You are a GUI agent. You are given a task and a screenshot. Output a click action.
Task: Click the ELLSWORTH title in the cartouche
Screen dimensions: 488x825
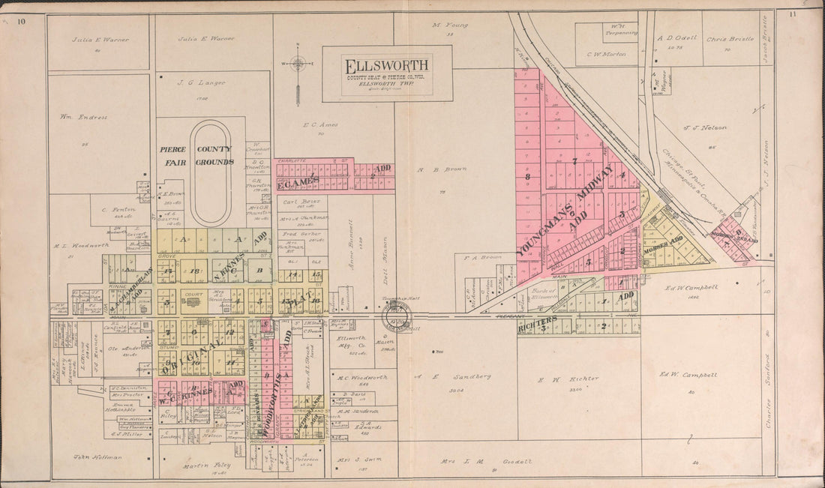[386, 65]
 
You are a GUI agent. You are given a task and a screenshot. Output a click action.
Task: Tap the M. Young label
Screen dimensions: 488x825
[450, 25]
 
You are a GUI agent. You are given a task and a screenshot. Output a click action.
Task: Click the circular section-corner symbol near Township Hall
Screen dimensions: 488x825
[394, 317]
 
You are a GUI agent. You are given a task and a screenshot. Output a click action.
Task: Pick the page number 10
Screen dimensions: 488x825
[22, 20]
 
